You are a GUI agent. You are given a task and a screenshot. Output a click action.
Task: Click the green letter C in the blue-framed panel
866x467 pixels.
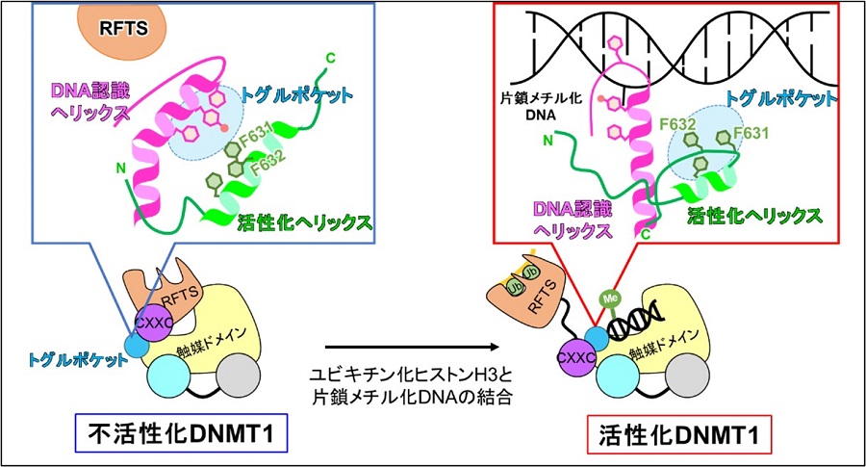coord(331,59)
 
